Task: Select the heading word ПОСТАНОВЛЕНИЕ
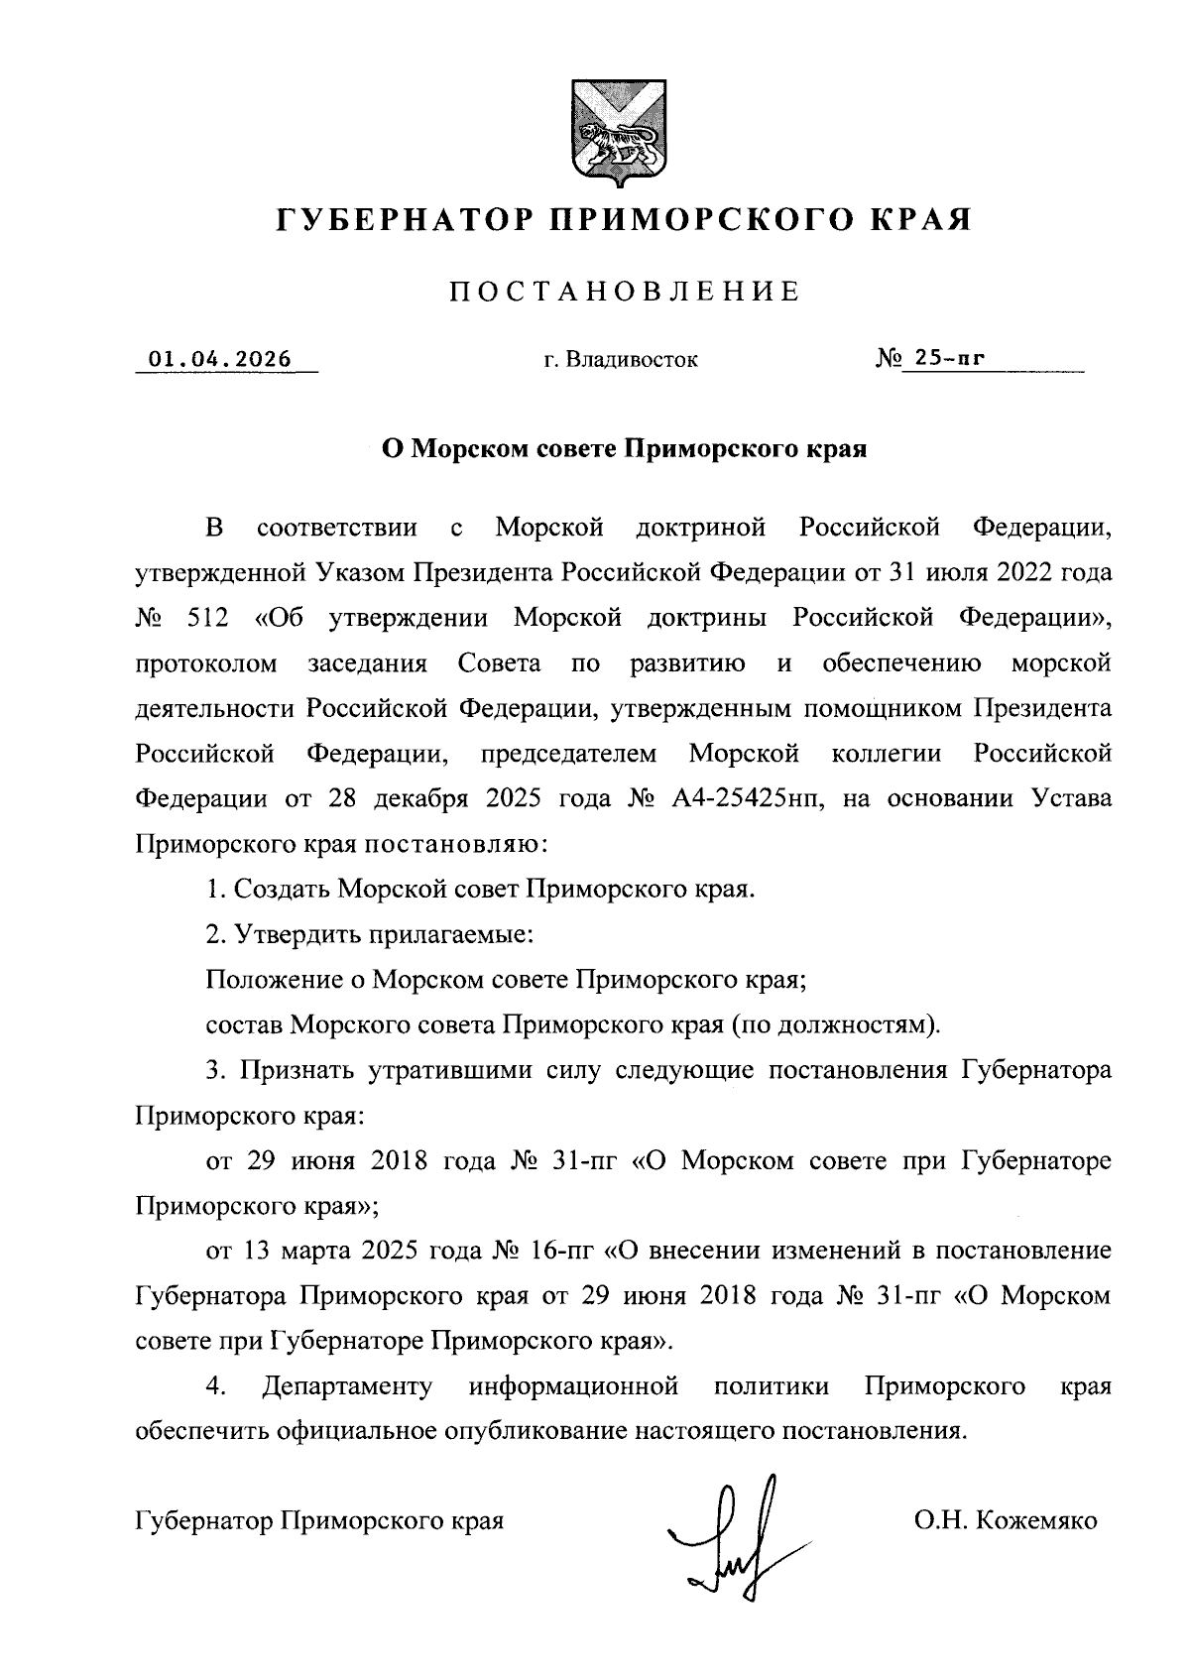[x=625, y=292]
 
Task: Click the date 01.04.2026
[x=220, y=359]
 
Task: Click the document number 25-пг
[x=949, y=359]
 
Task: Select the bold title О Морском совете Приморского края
[x=625, y=449]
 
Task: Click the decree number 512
[x=206, y=618]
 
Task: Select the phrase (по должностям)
[x=835, y=1024]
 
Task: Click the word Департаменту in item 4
[x=347, y=1386]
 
